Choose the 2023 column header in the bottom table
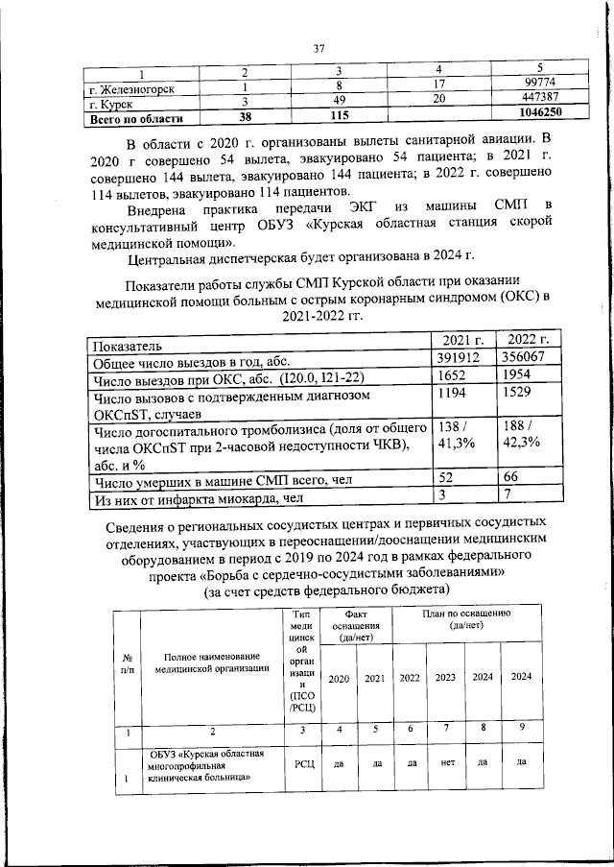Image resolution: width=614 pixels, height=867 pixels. pos(445,677)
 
